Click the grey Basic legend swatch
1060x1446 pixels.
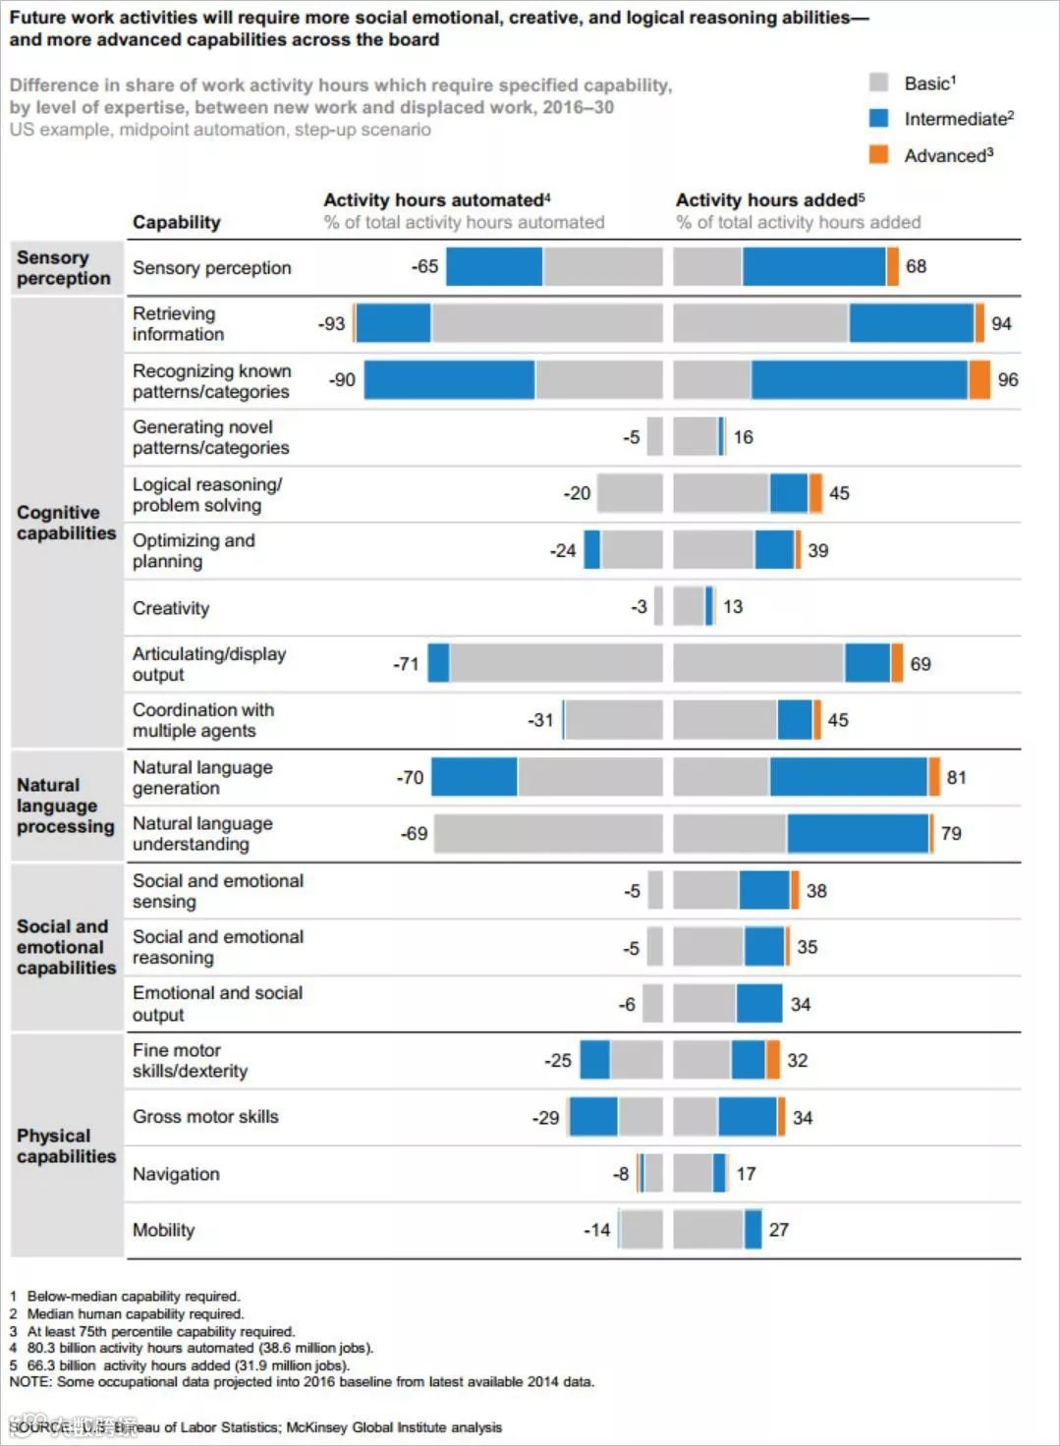[878, 83]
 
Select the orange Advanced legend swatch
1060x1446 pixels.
[878, 154]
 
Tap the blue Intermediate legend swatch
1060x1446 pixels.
[878, 118]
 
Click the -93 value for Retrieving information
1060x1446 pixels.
[331, 323]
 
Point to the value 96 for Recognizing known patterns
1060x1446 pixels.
[1008, 380]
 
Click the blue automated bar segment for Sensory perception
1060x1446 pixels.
[493, 266]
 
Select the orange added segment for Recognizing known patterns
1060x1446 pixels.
[978, 380]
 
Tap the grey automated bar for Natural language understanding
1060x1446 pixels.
[547, 834]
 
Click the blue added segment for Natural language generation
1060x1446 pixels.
[848, 777]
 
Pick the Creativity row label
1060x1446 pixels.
[171, 608]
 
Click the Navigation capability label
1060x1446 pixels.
[176, 1174]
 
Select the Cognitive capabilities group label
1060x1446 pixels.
[66, 523]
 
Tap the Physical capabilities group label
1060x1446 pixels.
[66, 1145]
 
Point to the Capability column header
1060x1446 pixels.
[177, 222]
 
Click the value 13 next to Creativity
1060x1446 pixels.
[733, 607]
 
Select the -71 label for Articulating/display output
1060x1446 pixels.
[406, 664]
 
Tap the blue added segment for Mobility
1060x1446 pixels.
[753, 1230]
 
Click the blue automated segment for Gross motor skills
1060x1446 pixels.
[593, 1117]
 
